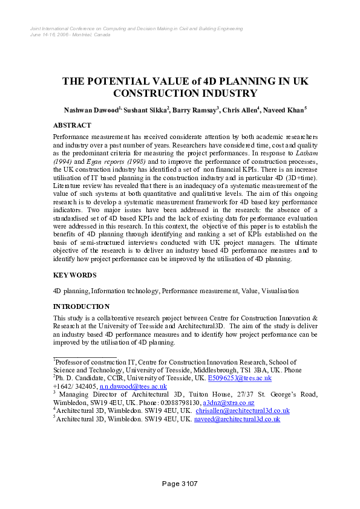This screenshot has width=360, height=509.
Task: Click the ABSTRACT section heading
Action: [x=72, y=125]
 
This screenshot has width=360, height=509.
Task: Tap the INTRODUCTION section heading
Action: [x=82, y=306]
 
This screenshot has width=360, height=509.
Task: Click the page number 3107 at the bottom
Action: [x=180, y=483]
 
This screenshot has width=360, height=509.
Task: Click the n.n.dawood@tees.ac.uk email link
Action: [x=132, y=386]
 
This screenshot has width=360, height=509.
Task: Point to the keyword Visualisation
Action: [x=280, y=291]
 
